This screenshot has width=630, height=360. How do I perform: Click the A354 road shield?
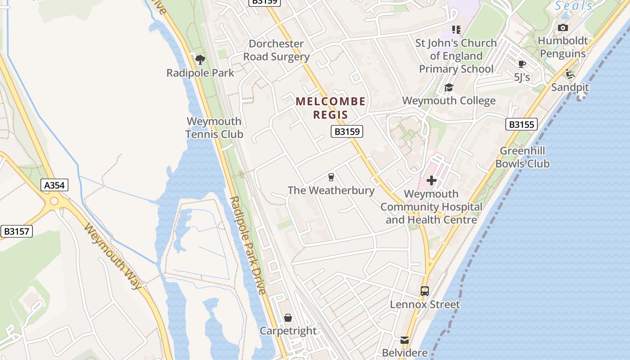(x=55, y=185)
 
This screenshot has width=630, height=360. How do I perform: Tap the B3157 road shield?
(x=17, y=231)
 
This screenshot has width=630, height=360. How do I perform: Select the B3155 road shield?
(x=522, y=124)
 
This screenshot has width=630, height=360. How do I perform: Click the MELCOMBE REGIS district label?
(x=331, y=108)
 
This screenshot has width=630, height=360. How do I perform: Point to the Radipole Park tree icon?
(x=200, y=59)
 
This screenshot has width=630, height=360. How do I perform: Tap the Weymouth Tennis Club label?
(x=214, y=128)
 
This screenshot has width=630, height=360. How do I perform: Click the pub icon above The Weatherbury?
(x=331, y=177)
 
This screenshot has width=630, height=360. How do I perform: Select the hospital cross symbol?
(x=432, y=181)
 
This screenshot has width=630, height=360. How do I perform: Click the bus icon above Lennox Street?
(x=425, y=291)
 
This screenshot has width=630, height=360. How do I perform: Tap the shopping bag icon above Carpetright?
(x=288, y=318)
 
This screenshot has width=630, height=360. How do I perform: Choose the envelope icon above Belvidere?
(x=405, y=340)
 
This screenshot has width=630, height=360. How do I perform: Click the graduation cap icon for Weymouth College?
(x=449, y=88)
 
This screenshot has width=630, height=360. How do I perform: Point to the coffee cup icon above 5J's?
(x=522, y=64)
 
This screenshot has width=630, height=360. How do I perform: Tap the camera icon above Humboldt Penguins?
(x=562, y=28)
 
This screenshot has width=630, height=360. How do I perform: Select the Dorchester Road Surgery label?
(x=276, y=50)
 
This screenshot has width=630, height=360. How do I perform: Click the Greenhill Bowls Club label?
(x=522, y=157)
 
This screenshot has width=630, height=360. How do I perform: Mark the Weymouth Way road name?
(x=113, y=256)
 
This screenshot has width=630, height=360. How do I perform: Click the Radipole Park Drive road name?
(x=247, y=246)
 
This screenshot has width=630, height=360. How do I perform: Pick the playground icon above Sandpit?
(x=570, y=74)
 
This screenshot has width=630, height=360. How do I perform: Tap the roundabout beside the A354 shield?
(x=54, y=201)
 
